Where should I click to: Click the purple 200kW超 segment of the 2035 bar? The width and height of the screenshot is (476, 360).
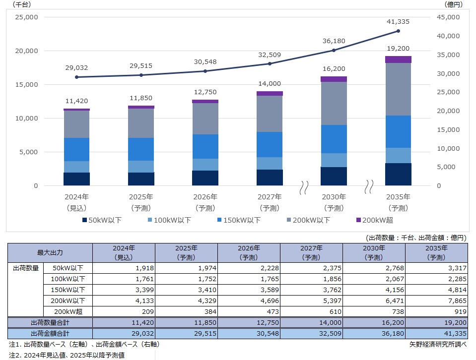coord(398,60)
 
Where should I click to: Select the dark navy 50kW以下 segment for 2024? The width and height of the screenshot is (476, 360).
coord(76,179)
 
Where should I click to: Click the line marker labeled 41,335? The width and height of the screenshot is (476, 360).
coord(398,31)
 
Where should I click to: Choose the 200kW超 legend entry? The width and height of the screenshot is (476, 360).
coord(375,220)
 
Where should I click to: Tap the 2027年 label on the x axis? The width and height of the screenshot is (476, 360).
coord(270,196)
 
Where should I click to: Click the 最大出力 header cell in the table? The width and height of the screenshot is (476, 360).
coord(50,252)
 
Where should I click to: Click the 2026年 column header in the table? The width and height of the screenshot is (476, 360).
coord(249,252)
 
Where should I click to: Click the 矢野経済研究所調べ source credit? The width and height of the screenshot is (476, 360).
coord(438,344)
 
